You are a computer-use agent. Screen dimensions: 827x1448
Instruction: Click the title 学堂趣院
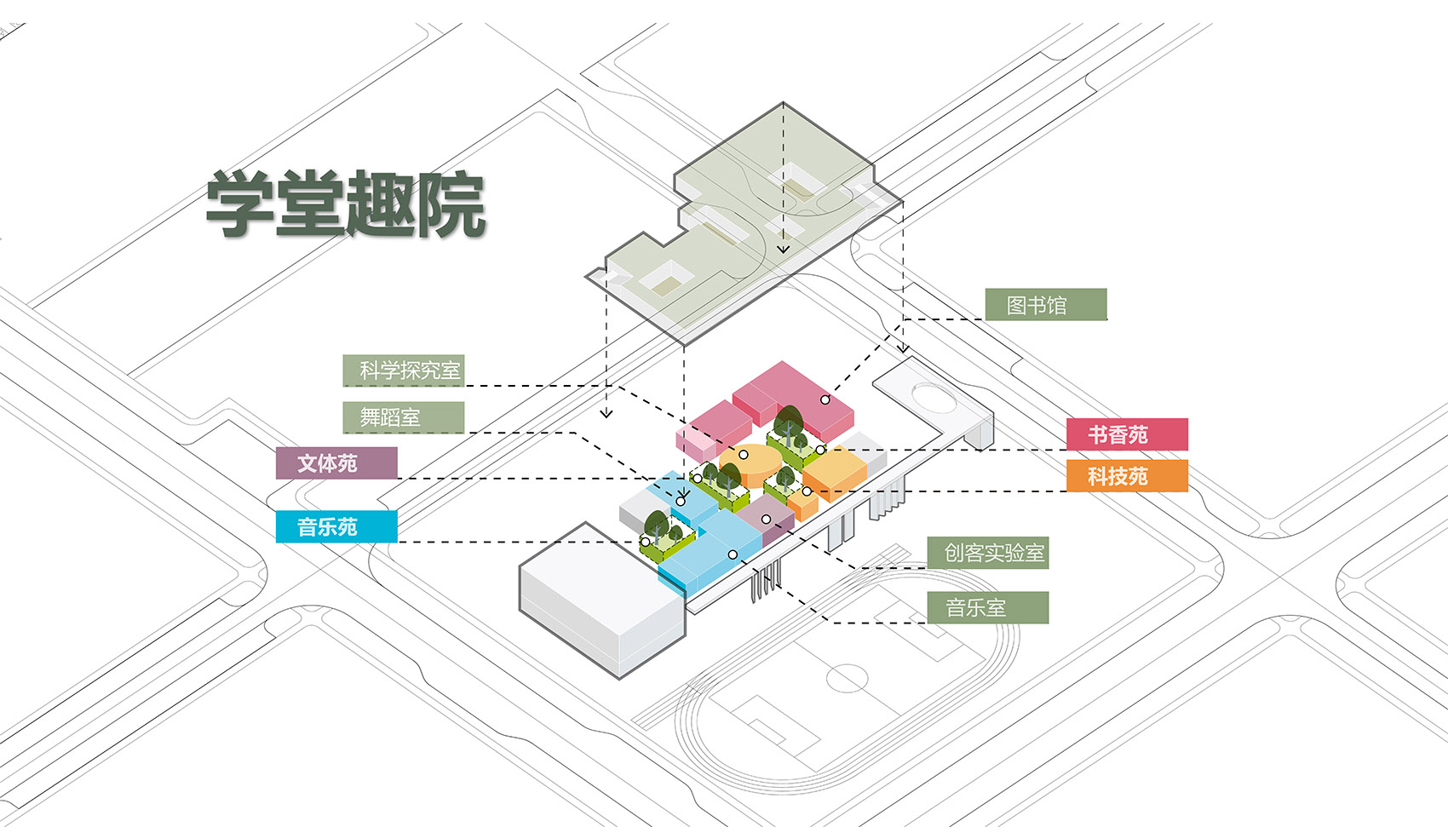tap(345, 204)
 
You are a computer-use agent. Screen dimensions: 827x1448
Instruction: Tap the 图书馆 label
tap(1045, 304)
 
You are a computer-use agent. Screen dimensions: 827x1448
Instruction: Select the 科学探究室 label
tap(404, 370)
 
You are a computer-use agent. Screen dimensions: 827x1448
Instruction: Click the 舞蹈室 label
tap(404, 417)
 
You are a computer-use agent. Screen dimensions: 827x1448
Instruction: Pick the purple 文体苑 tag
tap(336, 463)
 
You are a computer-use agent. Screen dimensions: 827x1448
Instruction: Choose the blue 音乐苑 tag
tap(336, 527)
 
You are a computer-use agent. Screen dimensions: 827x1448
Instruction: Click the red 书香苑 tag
tap(1126, 434)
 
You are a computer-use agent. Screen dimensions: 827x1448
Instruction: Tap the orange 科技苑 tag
tap(1126, 476)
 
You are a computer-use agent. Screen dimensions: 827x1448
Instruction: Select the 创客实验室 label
tap(987, 553)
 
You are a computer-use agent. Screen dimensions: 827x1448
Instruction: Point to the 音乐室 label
tap(987, 608)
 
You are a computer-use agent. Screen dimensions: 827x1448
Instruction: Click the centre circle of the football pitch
tap(847, 678)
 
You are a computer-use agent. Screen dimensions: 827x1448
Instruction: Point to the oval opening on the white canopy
tap(934, 398)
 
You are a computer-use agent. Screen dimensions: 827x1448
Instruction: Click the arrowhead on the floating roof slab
tap(783, 249)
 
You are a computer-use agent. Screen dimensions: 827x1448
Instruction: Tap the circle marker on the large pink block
tap(825, 399)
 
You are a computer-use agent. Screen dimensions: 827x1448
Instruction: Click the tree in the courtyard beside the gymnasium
tap(656, 528)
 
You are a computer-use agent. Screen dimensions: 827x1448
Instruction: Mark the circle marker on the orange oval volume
tap(744, 455)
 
